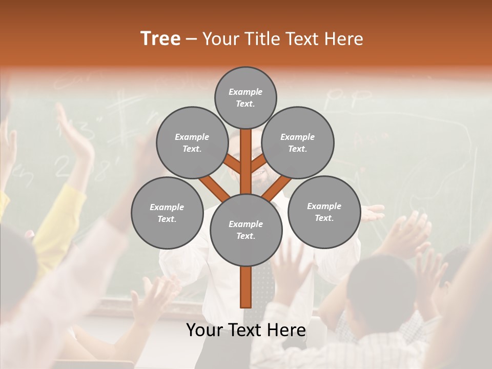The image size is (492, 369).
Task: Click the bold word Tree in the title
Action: pyautogui.click(x=160, y=39)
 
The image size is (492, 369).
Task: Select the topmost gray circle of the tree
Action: pyautogui.click(x=245, y=97)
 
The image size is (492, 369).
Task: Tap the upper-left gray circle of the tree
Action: pyautogui.click(x=192, y=142)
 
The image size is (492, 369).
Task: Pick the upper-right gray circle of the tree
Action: pyautogui.click(x=298, y=142)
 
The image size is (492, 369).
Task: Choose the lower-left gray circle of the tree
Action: pyautogui.click(x=167, y=213)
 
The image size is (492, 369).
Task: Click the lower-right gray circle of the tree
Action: pyautogui.click(x=324, y=212)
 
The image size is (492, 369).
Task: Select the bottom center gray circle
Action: pyautogui.click(x=246, y=230)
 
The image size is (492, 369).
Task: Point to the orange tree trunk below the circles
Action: pyautogui.click(x=246, y=287)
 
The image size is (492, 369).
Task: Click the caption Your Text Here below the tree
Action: pyautogui.click(x=246, y=331)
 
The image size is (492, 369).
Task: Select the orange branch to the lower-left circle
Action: pyautogui.click(x=214, y=187)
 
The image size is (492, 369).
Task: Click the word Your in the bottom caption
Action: pyautogui.click(x=203, y=331)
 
